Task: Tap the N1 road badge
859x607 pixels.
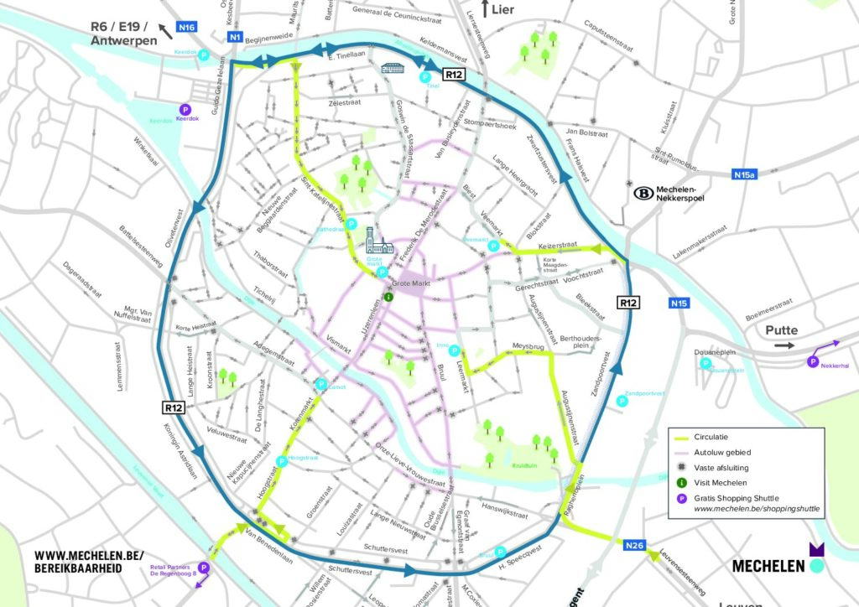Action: pos(236,37)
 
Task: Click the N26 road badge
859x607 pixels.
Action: pos(636,546)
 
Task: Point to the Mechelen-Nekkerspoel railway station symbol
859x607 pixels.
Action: pos(644,192)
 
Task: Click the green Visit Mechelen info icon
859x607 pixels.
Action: pos(388,295)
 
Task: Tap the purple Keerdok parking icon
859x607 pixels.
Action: pos(185,108)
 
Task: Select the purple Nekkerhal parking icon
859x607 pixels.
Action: pos(812,361)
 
